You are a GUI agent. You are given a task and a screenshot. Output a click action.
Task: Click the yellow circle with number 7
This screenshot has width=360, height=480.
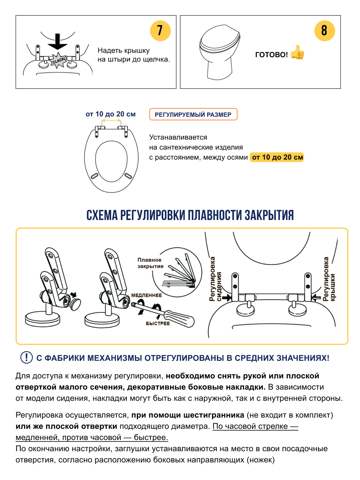coord(160,31)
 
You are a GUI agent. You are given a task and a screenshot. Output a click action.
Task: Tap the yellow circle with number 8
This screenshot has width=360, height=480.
coord(324,31)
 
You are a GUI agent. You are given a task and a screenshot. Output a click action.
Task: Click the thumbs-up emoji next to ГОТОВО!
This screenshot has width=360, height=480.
coord(297,53)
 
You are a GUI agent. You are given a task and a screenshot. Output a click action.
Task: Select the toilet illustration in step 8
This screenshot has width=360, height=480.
coord(220,52)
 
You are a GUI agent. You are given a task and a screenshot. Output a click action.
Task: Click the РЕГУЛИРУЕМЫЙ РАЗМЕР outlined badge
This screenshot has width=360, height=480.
coord(193,115)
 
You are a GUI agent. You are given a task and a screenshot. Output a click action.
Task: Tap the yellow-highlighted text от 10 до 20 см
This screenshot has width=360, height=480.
coord(277,157)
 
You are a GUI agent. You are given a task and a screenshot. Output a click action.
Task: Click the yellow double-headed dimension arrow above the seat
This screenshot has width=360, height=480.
coord(109,121)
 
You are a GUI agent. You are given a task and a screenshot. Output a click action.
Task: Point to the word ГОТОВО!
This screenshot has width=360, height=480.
coord(272,54)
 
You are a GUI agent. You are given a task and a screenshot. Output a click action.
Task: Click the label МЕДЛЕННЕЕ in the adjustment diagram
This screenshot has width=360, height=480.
coord(146,295)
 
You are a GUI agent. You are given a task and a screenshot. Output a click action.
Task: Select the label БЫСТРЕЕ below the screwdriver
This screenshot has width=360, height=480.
coord(158,323)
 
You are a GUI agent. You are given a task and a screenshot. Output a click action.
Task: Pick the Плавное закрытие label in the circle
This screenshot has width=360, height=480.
coord(150,263)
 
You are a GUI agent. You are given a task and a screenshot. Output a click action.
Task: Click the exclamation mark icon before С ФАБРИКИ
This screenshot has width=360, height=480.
coord(26,357)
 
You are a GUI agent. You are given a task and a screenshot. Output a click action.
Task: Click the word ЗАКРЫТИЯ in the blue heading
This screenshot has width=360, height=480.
coord(269,215)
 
